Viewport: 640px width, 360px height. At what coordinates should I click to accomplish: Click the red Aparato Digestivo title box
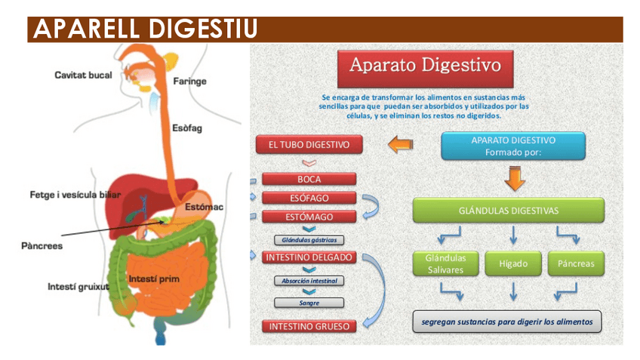point(425,66)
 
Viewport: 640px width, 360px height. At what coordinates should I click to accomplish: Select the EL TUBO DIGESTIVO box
point(309,145)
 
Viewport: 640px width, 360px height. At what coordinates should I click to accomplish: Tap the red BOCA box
point(309,180)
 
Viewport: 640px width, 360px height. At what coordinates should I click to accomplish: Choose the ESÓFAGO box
point(309,198)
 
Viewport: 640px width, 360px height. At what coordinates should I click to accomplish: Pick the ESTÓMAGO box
point(309,217)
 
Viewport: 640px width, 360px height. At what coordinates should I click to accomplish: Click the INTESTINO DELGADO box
point(309,257)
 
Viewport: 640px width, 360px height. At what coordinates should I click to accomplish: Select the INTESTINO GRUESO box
point(309,327)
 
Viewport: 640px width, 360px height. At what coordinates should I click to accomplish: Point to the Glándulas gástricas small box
point(309,240)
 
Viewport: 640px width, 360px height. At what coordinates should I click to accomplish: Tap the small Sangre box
point(309,303)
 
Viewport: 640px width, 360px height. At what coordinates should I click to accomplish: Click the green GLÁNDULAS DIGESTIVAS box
point(509,211)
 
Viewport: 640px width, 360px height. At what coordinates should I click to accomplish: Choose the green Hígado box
point(513,263)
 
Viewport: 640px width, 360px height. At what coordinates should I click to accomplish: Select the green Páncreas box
point(576,263)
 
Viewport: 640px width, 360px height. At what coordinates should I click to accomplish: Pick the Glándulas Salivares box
point(446,263)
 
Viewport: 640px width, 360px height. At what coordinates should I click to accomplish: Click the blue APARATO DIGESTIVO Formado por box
point(513,146)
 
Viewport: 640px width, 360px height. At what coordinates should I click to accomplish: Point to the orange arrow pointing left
point(399,143)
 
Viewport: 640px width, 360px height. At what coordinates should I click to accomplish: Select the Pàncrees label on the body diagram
point(42,245)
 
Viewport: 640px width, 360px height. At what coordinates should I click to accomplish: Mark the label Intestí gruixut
point(78,287)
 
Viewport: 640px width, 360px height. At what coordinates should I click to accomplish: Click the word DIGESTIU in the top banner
point(199,29)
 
